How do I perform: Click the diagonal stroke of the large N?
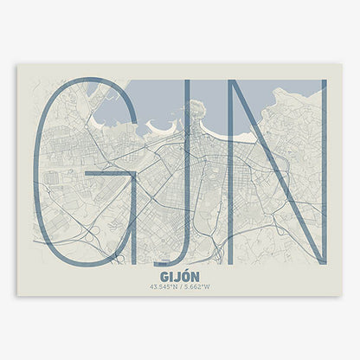coord(280,173)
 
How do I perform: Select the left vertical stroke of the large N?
coord(240,173)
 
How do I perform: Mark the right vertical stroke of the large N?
coord(322,173)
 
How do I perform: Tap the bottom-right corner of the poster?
coord(342,295)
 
